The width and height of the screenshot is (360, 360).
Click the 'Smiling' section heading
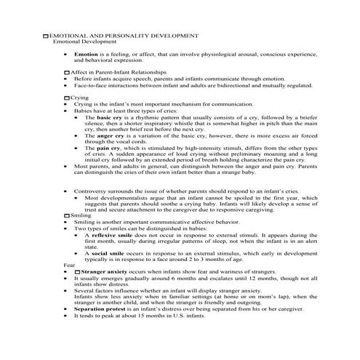click(x=83, y=216)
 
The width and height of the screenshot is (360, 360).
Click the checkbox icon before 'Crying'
click(x=67, y=97)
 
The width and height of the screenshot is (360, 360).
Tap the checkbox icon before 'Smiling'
click(x=67, y=216)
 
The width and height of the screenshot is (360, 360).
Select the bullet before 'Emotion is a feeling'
click(x=66, y=55)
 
